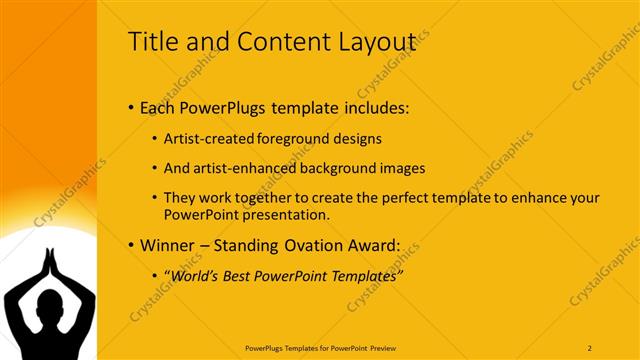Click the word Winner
click(170, 245)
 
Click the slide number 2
click(590, 347)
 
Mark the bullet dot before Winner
click(132, 246)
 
